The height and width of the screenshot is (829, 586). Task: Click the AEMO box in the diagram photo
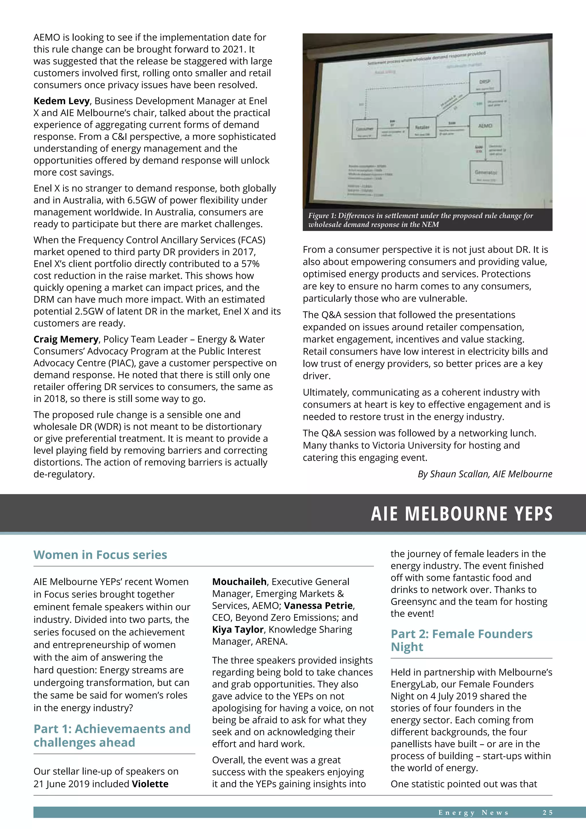[485, 126]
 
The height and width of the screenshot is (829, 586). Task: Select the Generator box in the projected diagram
[486, 173]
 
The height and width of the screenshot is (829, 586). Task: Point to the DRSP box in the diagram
[485, 82]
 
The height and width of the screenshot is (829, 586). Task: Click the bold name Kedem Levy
[61, 101]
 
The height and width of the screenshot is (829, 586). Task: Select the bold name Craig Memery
[66, 340]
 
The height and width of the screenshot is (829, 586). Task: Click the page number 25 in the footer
[547, 813]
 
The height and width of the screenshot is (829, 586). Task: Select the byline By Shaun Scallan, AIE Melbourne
[485, 474]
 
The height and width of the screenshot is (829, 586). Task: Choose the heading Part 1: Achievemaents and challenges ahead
[112, 735]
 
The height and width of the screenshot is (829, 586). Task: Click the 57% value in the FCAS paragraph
[250, 264]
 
